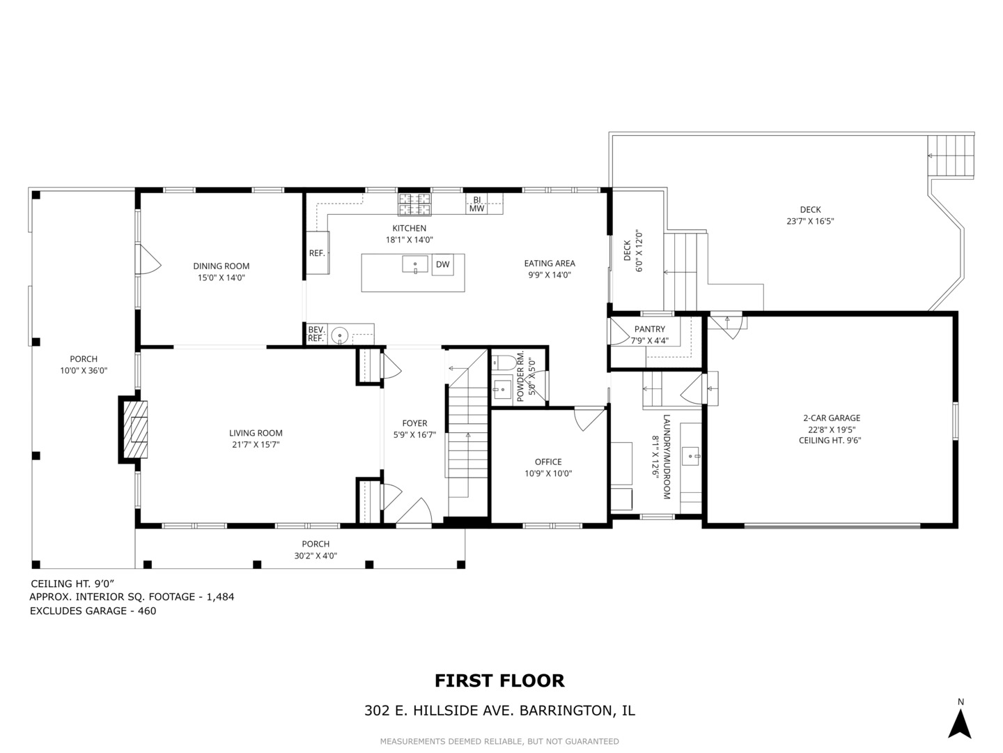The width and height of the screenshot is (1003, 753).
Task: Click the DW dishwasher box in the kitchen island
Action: tap(442, 265)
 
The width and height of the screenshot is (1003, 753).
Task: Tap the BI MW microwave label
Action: tap(476, 204)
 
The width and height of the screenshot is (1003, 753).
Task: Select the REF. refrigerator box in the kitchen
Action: tap(317, 253)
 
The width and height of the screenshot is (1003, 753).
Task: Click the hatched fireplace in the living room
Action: tap(136, 429)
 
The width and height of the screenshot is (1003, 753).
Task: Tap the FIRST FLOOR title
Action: tap(499, 680)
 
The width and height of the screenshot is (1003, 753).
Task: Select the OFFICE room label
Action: tap(548, 462)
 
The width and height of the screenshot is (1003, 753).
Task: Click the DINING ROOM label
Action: tap(221, 266)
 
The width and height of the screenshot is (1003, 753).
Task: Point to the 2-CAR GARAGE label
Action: tap(832, 418)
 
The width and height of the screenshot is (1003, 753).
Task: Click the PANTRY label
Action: tap(649, 329)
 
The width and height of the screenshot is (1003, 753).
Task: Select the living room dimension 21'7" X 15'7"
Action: tap(256, 444)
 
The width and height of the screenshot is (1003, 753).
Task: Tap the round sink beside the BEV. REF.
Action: tap(339, 335)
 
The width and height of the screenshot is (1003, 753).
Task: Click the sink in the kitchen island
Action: tap(415, 264)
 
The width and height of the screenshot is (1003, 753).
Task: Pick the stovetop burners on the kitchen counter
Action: tap(414, 204)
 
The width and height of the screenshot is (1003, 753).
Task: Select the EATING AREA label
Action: tap(550, 264)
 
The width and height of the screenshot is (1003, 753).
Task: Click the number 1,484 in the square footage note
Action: tap(220, 597)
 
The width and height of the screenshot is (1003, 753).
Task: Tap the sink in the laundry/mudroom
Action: tap(690, 456)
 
